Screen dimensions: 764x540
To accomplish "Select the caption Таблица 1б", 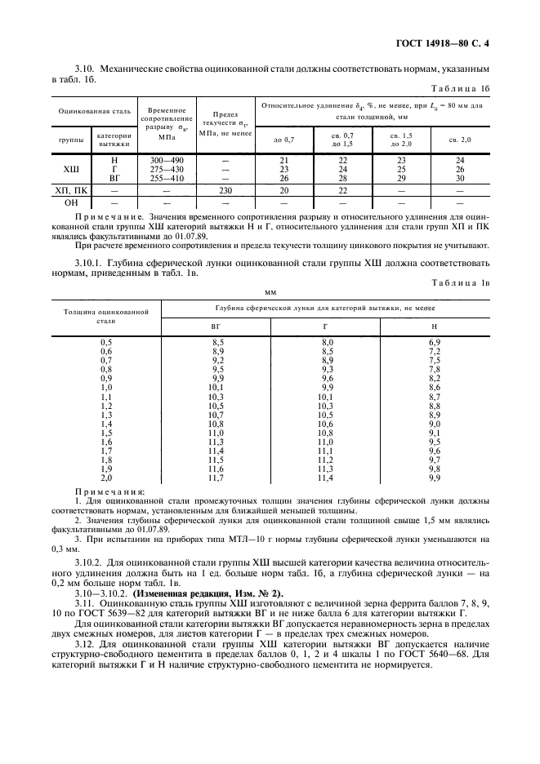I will coord(462,88).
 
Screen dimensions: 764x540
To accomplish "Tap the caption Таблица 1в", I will coord(462,282).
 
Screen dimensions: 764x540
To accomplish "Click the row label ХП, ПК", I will coord(72,189).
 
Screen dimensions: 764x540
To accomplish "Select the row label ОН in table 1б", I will coord(72,202).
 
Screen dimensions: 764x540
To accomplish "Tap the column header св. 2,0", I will coord(460,139).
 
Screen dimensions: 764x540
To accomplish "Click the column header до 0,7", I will coord(283,139).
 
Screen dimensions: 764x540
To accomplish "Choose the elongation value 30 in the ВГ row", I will coord(460,177).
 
